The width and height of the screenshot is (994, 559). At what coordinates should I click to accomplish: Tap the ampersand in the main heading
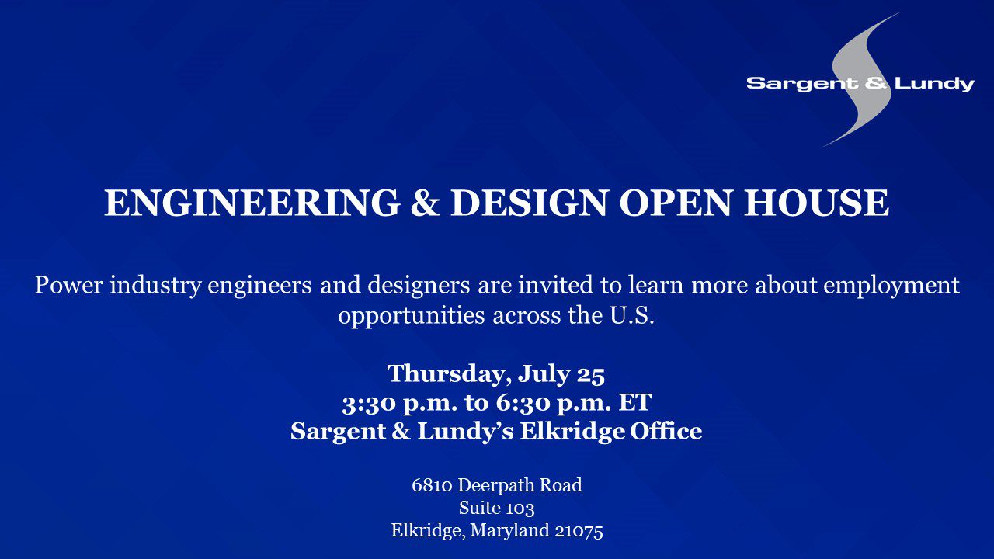tap(426, 203)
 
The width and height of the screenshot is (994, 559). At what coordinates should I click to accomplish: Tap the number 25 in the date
tap(590, 374)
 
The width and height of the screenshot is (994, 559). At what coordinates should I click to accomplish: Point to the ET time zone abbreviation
tap(634, 403)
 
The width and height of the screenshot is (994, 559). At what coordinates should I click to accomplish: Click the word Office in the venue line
tap(666, 431)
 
